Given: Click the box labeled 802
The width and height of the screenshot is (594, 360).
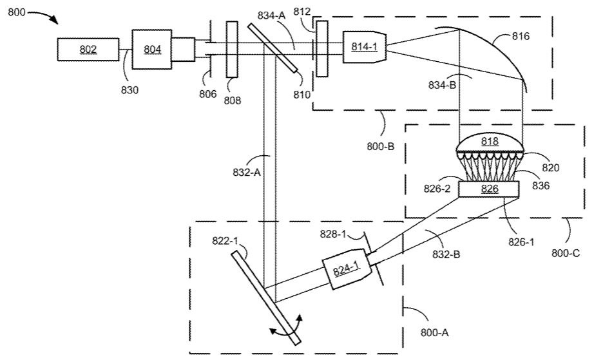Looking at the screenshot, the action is [x=88, y=49].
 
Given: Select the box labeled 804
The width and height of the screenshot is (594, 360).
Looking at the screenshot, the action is [x=152, y=49].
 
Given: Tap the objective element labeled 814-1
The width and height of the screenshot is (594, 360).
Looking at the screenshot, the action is [x=365, y=47].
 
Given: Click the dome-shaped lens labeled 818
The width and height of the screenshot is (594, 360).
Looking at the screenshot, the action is [x=490, y=142].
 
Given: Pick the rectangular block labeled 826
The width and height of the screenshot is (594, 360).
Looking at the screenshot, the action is [x=489, y=189].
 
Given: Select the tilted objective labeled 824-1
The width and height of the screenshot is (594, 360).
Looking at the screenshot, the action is [x=347, y=269].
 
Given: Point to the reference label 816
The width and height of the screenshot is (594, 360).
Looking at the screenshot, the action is [x=521, y=36].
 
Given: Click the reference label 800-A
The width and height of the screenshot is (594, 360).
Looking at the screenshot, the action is [x=434, y=333].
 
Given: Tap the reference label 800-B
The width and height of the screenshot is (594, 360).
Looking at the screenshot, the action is [x=380, y=146].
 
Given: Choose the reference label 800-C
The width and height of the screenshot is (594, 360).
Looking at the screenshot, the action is [x=566, y=253].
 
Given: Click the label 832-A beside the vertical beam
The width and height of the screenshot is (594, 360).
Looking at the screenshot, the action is [x=247, y=172].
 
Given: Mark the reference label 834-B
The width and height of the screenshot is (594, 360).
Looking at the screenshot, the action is [x=442, y=85].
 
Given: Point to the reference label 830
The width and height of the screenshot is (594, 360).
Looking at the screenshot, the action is [x=129, y=90].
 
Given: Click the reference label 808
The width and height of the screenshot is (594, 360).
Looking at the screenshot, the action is [x=232, y=100].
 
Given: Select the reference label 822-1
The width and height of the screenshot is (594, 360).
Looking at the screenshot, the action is [x=225, y=241].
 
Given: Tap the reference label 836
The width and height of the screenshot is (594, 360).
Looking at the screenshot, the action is [x=541, y=185].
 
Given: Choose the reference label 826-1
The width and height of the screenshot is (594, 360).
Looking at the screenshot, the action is [x=521, y=242].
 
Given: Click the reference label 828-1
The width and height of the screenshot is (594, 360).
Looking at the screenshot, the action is [x=333, y=234].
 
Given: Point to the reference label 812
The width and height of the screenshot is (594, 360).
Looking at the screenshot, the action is [x=302, y=12].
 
